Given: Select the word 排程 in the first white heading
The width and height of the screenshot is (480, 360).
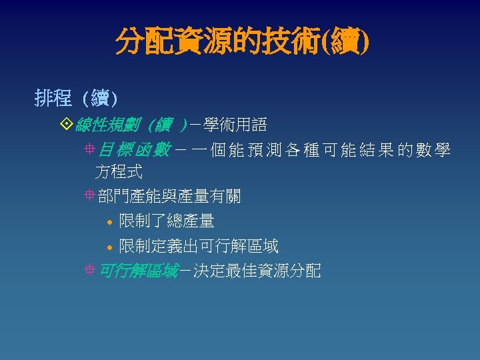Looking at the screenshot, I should pyautogui.click(x=53, y=99).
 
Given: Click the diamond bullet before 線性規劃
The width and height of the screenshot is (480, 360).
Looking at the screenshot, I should pyautogui.click(x=65, y=125).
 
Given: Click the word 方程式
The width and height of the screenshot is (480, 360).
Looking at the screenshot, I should pyautogui.click(x=119, y=172).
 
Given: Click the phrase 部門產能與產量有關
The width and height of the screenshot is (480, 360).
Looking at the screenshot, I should pyautogui.click(x=169, y=196).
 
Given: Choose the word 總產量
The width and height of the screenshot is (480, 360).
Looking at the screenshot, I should pyautogui.click(x=191, y=221).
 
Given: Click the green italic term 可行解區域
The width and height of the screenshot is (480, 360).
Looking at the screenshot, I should pyautogui.click(x=138, y=271).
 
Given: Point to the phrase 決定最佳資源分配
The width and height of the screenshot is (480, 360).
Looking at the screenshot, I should pyautogui.click(x=257, y=271).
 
